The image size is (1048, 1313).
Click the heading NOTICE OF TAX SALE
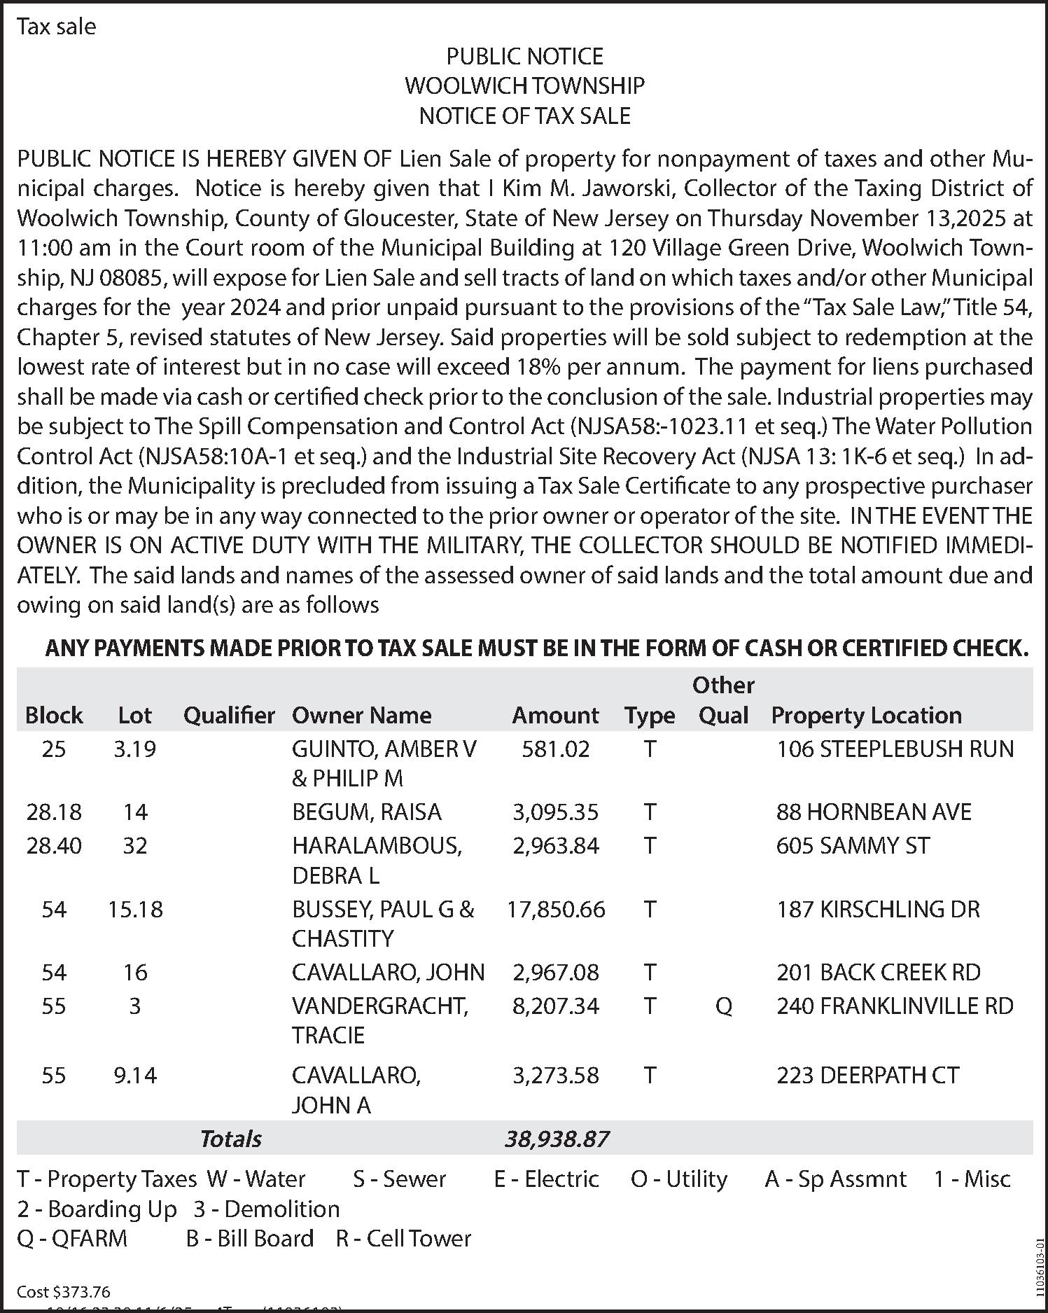[x=524, y=116]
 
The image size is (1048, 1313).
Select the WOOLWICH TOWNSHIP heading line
[x=524, y=85]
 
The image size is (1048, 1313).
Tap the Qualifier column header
[x=229, y=715]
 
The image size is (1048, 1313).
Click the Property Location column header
[x=866, y=715]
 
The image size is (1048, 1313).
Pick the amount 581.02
[x=556, y=749]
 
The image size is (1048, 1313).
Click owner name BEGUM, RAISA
[x=367, y=812]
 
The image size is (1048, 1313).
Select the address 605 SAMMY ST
[x=853, y=846]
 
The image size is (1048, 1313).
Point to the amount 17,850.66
[x=556, y=909]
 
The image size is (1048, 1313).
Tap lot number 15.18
[x=135, y=909]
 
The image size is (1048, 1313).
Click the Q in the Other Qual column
[x=724, y=1006]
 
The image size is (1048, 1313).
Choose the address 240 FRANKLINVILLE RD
[x=895, y=1006]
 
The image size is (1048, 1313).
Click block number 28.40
[x=54, y=846]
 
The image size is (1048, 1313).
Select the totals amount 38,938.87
[x=557, y=1139]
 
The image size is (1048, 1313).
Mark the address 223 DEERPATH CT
[x=867, y=1075]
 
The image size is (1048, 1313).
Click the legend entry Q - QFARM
[x=72, y=1238]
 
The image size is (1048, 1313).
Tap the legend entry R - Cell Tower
[x=403, y=1238]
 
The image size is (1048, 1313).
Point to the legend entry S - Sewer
[x=399, y=1179]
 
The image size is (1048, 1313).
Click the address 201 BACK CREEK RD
[x=878, y=972]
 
